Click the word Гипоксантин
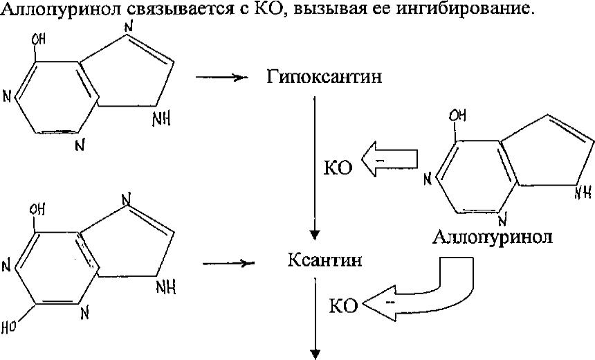[324, 77]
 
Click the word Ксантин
[324, 260]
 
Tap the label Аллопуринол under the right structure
[492, 237]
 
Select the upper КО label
[338, 167]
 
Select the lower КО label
[343, 305]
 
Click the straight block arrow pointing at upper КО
[390, 159]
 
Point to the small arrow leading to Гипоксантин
[221, 78]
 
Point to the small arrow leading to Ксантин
[228, 263]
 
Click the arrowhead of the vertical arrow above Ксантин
[315, 235]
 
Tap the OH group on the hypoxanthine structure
[38, 39]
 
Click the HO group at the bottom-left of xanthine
[9, 326]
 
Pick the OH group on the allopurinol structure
[457, 116]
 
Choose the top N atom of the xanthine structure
[126, 199]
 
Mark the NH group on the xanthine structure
[166, 287]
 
